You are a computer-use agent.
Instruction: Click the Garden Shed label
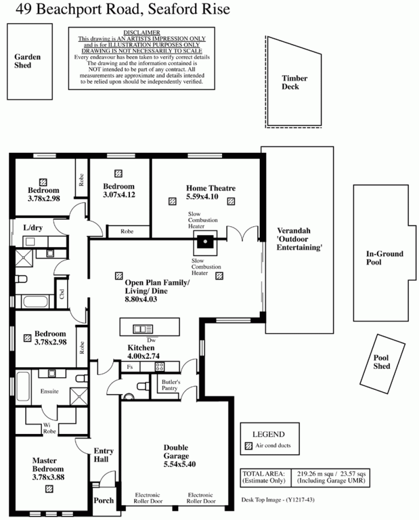[27, 61]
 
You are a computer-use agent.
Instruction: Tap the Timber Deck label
[294, 82]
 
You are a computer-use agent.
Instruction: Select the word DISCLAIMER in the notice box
[142, 33]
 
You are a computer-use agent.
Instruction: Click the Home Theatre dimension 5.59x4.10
[202, 196]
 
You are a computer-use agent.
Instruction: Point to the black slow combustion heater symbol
[205, 242]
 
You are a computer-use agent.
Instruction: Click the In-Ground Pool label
[385, 258]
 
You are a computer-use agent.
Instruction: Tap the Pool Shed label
[381, 362]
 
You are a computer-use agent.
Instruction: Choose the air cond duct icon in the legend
[248, 446]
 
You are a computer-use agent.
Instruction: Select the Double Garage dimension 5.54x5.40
[179, 464]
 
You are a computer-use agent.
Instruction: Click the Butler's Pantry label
[171, 385]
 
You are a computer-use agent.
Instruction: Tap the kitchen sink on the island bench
[142, 329]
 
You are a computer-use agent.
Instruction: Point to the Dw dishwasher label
[151, 340]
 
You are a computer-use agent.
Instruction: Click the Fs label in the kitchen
[129, 367]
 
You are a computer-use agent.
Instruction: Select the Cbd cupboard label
[62, 294]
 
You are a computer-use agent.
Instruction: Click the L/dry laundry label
[33, 228]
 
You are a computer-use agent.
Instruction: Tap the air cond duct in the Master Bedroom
[49, 489]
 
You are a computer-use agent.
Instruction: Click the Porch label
[104, 500]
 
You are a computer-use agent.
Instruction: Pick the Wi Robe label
[49, 428]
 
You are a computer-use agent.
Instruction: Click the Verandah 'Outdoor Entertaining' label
[299, 239]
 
